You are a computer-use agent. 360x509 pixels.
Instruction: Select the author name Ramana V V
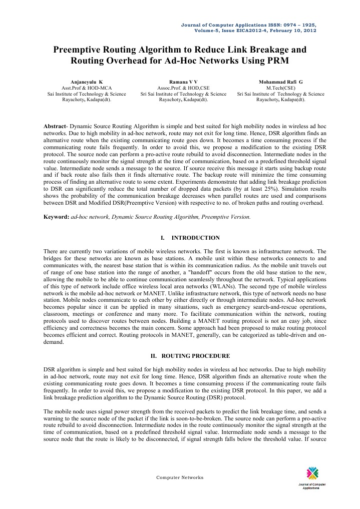[x=183, y=81]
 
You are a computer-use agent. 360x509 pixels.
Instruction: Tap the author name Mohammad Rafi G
[x=280, y=81]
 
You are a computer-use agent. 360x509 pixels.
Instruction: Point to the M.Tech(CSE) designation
[x=280, y=87]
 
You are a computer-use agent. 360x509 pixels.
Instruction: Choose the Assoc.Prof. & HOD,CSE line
[x=183, y=87]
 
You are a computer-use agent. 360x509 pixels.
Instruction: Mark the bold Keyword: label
[x=56, y=218]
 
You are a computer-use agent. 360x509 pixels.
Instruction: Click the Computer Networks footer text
[x=180, y=477]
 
